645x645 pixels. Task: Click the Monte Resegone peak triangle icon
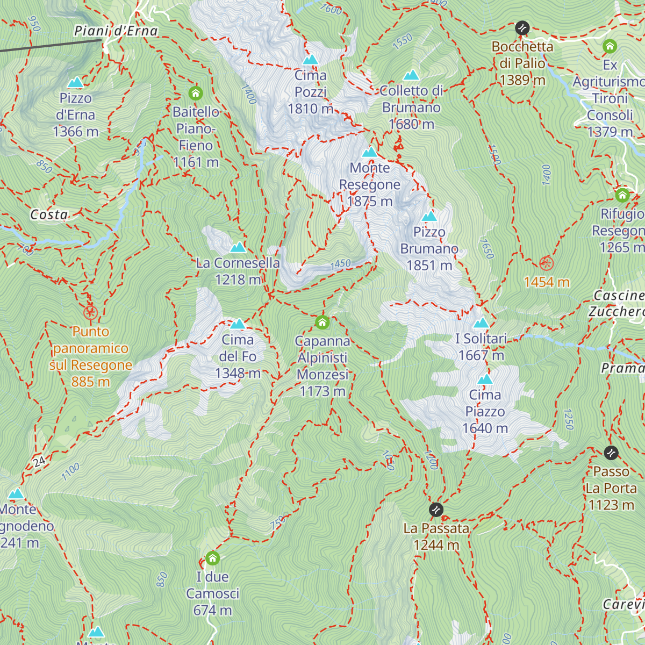point(370,152)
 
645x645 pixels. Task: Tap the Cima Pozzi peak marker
point(311,60)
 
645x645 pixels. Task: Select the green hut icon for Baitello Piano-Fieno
point(196,94)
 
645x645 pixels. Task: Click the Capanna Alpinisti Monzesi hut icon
point(322,322)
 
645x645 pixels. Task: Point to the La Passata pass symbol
point(436,508)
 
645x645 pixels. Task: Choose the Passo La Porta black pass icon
point(611,453)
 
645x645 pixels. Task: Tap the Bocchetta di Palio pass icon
point(522,28)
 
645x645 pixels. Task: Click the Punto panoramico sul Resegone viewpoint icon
point(90,312)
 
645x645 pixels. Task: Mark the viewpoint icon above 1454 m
point(547,263)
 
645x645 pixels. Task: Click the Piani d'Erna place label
point(116,31)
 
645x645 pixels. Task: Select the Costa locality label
point(49,215)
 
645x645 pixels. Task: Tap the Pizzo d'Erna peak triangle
point(76,82)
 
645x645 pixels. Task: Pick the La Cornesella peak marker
point(238,247)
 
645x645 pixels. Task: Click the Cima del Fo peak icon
point(238,324)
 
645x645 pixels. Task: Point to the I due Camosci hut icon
point(213,558)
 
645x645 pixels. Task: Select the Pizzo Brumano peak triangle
point(429,216)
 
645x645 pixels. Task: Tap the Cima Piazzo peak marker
point(485,379)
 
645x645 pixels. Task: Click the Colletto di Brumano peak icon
point(411,75)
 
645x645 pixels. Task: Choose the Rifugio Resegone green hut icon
point(622,195)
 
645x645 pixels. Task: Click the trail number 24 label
point(39,461)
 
